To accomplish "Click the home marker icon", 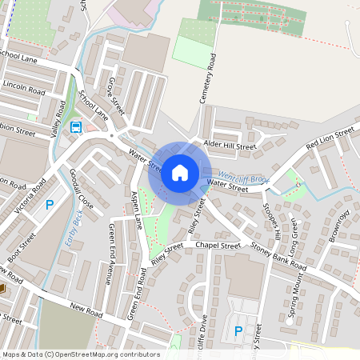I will (180, 173).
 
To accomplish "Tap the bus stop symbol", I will (76, 126).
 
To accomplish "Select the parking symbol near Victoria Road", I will (49, 205).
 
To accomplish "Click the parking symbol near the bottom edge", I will (237, 331).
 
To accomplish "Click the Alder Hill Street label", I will (230, 145).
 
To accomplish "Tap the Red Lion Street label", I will (330, 137).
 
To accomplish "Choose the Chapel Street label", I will (218, 246).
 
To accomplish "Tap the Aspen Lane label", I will (136, 210).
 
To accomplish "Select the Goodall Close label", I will (82, 189).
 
